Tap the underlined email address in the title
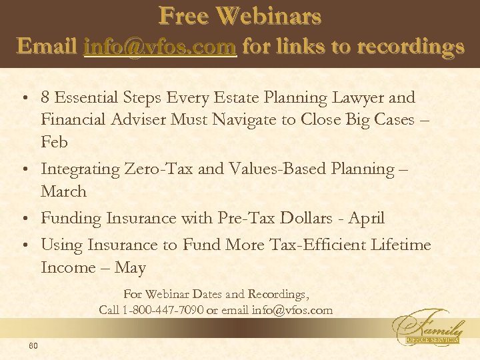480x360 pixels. pyautogui.click(x=161, y=47)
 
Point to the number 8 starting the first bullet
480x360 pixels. pyautogui.click(x=45, y=98)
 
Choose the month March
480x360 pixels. pyautogui.click(x=63, y=192)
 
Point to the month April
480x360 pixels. pyautogui.click(x=366, y=219)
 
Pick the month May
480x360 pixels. pyautogui.click(x=130, y=268)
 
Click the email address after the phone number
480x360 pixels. pyautogui.click(x=292, y=310)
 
